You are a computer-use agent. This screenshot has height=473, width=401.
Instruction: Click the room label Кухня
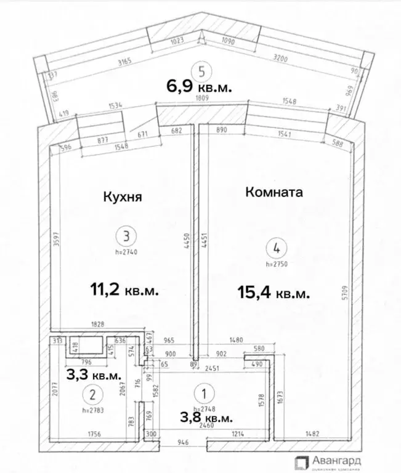coord(122,198)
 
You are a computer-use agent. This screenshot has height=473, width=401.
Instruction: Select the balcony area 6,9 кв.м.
coord(199,87)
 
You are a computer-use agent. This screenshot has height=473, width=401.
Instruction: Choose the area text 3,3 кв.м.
coord(94,374)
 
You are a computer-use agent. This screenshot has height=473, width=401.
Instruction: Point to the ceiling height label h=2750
coord(277,264)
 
